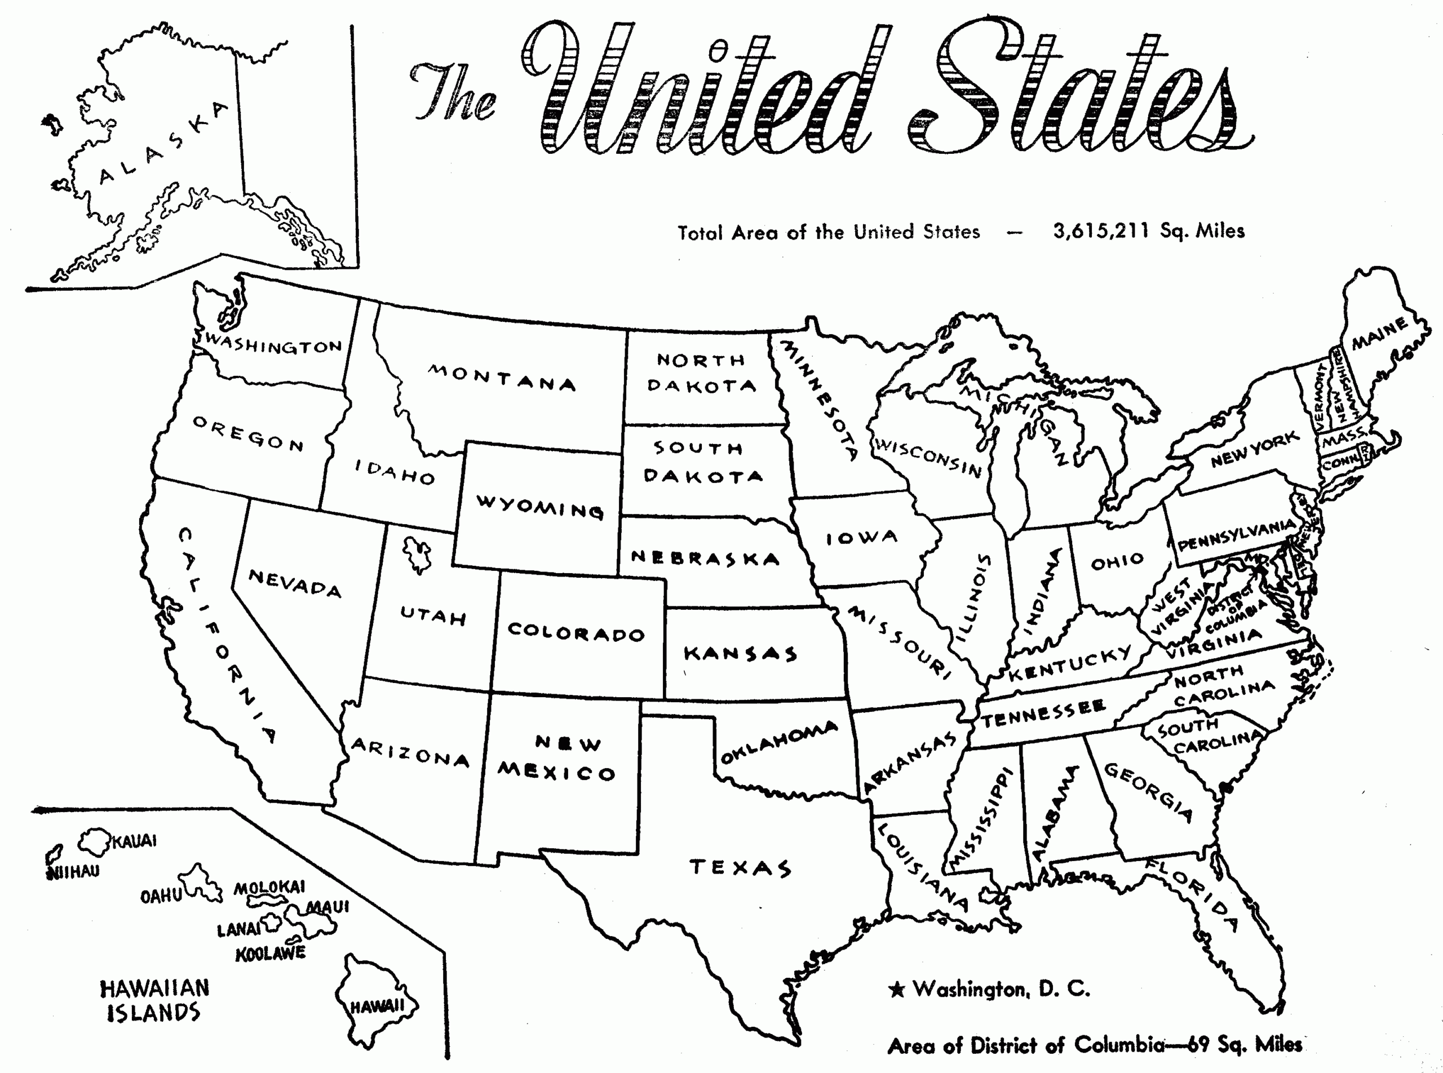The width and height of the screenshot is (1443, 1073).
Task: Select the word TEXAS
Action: click(x=740, y=868)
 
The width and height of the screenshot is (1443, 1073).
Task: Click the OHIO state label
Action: click(x=1118, y=561)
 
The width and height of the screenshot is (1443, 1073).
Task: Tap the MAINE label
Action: click(x=1379, y=335)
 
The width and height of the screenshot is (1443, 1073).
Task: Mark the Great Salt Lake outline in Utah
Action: click(x=416, y=554)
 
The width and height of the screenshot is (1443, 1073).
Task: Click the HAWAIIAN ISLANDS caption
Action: click(x=154, y=1000)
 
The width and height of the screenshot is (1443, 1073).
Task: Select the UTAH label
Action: click(x=433, y=616)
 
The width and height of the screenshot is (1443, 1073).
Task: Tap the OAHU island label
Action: click(x=161, y=897)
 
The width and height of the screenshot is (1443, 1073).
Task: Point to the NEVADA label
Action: click(x=294, y=583)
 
